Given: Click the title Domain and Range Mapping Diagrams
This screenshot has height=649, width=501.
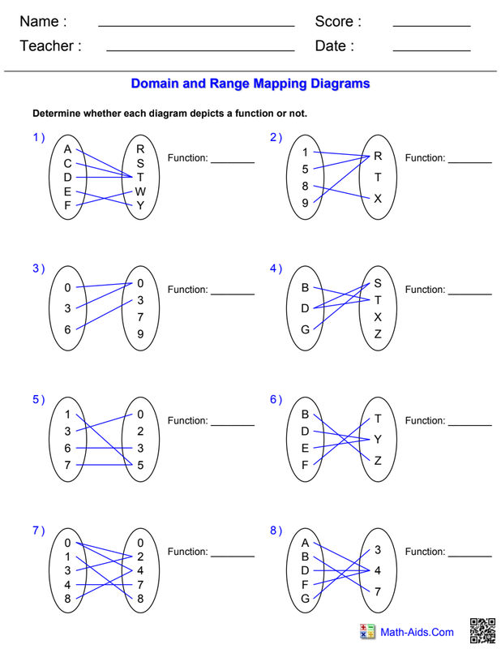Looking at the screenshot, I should pyautogui.click(x=250, y=84).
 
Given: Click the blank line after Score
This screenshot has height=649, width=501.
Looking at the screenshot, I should pyautogui.click(x=431, y=26).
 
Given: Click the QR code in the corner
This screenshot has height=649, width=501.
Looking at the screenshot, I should pyautogui.click(x=482, y=631).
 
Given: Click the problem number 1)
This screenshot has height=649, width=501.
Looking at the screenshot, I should pyautogui.click(x=39, y=138).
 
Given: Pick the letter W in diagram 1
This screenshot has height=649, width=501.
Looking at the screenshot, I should pyautogui.click(x=140, y=191).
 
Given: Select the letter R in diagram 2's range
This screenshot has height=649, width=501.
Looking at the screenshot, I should pyautogui.click(x=378, y=156).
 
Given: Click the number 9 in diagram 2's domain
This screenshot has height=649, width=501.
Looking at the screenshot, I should pyautogui.click(x=306, y=204).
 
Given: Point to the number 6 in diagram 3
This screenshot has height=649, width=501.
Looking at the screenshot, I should pyautogui.click(x=68, y=329).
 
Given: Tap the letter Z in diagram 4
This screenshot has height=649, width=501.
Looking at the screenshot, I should pyautogui.click(x=378, y=334).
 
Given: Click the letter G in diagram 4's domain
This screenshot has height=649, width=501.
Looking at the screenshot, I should pyautogui.click(x=306, y=330).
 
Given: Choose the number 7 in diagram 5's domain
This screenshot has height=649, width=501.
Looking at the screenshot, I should pyautogui.click(x=68, y=465).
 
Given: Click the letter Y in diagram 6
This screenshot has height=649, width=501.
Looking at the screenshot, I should pyautogui.click(x=378, y=440).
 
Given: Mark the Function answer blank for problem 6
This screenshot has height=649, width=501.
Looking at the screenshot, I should pyautogui.click(x=469, y=424).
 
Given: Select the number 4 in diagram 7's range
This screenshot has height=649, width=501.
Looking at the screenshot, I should pyautogui.click(x=140, y=569).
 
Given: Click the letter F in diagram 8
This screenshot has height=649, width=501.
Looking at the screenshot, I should pyautogui.click(x=306, y=584).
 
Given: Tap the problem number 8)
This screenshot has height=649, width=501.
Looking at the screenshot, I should pyautogui.click(x=276, y=531).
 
